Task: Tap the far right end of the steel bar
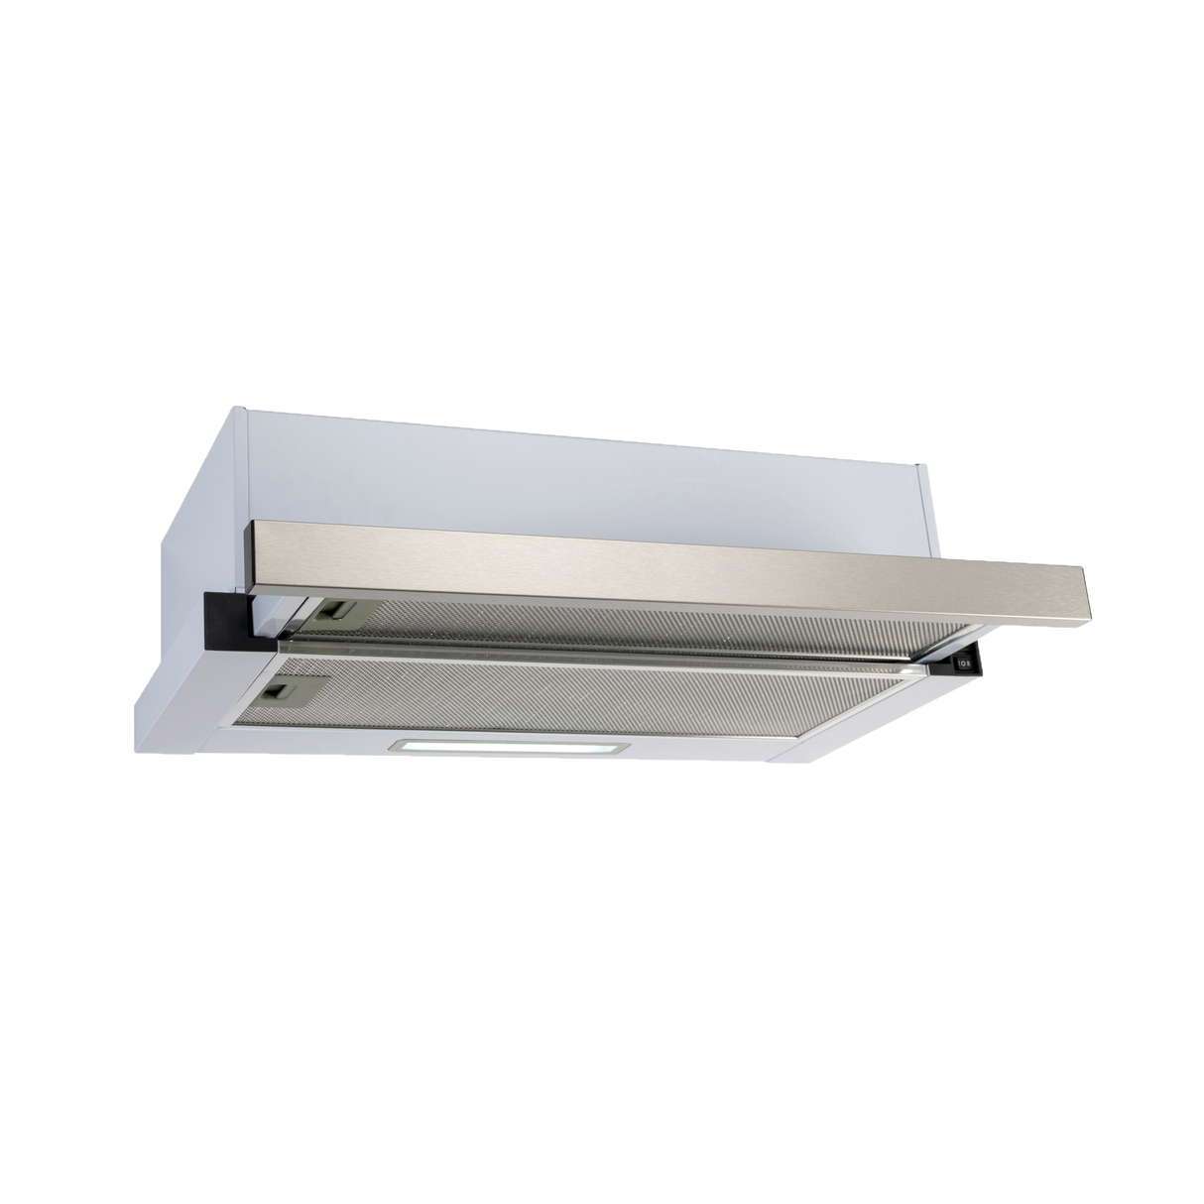pos(1090,595)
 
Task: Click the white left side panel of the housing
pos(188,516)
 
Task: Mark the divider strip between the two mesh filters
pos(615,655)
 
